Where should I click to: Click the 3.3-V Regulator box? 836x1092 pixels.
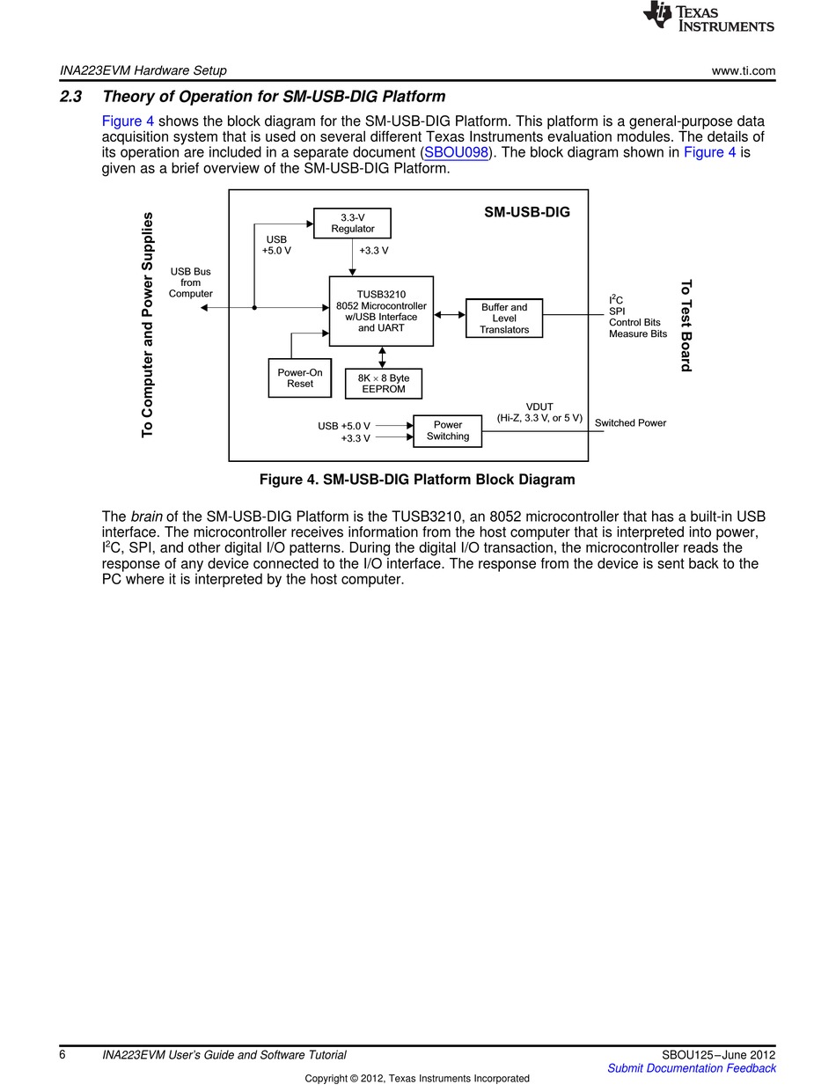point(352,223)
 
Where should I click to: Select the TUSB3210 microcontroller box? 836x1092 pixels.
point(381,311)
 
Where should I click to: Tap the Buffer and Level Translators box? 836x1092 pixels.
point(503,319)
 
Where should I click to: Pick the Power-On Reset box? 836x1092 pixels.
point(300,377)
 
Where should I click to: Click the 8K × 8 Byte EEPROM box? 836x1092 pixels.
point(383,384)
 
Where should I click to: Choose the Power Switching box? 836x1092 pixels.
point(447,430)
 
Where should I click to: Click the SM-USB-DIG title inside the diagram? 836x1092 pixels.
point(526,212)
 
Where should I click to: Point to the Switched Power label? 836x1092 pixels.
point(630,423)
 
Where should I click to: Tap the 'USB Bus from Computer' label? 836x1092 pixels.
point(190,283)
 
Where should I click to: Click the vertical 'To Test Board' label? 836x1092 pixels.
point(686,326)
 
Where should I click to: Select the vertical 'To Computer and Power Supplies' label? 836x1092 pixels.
point(148,324)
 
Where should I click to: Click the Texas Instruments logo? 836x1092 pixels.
point(708,18)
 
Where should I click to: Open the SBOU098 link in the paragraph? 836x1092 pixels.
point(456,152)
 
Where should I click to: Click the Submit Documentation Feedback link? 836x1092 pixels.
point(691,1068)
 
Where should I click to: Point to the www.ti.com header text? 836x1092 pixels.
point(743,70)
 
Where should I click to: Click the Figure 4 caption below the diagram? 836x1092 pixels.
point(416,480)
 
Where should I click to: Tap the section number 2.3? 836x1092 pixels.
point(70,97)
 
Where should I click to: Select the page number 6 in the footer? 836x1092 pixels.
point(62,1055)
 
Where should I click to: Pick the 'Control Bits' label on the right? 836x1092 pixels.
point(634,322)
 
